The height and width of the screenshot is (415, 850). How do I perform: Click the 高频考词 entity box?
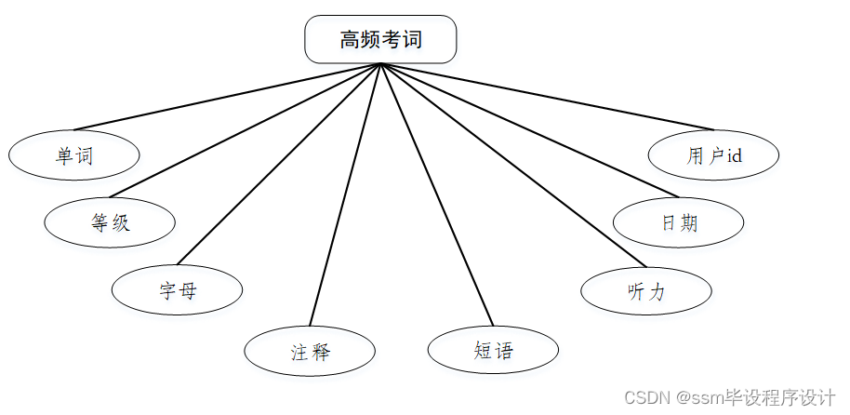coord(380,39)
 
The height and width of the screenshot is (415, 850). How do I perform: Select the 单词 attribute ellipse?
coord(74,155)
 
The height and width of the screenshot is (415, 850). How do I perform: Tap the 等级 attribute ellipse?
coord(110,222)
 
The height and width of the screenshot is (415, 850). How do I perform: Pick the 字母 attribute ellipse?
coord(177,290)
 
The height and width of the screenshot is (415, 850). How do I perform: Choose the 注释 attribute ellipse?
coord(310,352)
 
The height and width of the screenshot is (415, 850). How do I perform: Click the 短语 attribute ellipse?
coord(493,351)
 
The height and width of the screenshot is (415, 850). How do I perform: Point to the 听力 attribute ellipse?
coord(646,291)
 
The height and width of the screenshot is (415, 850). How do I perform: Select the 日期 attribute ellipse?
coord(679,223)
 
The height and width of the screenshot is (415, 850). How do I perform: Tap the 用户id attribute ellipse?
coord(713,155)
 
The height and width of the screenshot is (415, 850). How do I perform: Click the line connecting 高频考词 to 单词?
coord(228,97)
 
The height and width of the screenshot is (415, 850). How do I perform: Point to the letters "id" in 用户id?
coord(734,155)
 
